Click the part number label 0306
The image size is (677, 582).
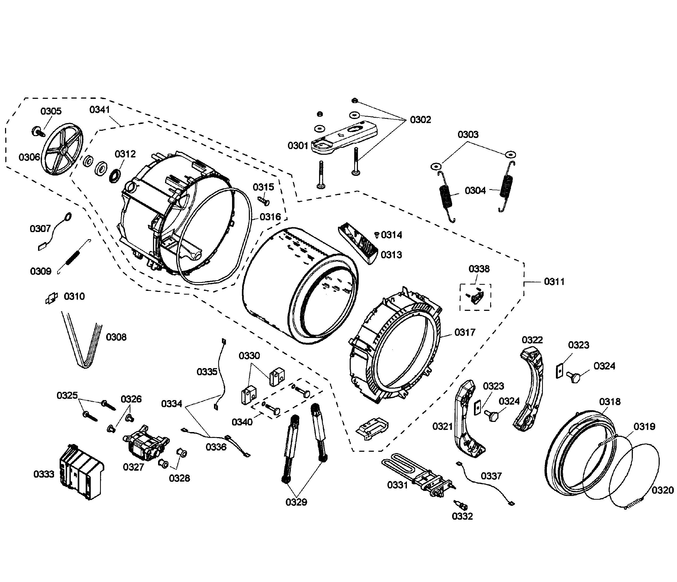click(x=29, y=157)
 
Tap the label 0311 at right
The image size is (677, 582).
click(x=554, y=282)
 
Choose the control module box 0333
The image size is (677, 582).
click(x=81, y=471)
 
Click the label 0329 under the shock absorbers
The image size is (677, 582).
click(x=296, y=502)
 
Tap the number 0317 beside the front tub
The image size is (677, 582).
click(x=465, y=332)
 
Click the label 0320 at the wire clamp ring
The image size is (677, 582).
click(x=662, y=490)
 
